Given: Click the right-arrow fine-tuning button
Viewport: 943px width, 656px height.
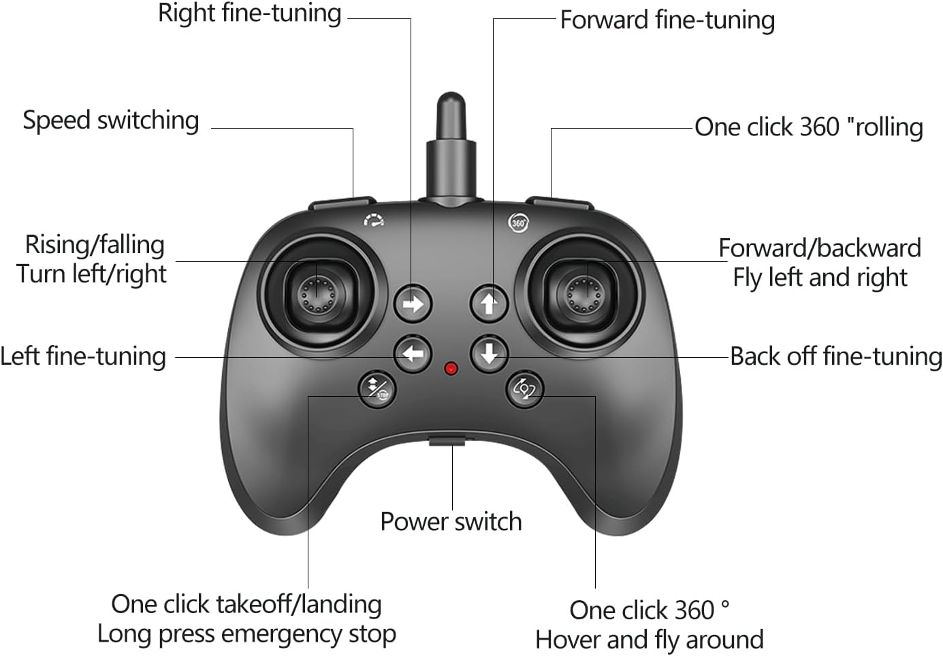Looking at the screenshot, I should (413, 304).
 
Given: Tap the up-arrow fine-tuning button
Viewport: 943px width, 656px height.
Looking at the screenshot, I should (489, 303).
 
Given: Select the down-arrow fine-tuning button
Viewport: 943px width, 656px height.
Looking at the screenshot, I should (489, 354).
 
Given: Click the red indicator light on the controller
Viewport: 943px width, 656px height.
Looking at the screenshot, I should (451, 369).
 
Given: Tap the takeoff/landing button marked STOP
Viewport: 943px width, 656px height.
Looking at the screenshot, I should (377, 389).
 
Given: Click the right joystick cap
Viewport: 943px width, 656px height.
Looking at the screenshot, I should (583, 293).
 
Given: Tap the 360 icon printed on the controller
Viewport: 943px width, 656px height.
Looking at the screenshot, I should (518, 223).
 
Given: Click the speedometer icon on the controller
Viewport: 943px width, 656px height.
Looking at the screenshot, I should (373, 220).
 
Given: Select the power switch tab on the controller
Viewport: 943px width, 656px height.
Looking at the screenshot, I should (447, 441).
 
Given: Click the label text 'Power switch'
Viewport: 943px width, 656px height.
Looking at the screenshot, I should (451, 522).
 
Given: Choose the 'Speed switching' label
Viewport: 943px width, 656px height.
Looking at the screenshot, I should (111, 120).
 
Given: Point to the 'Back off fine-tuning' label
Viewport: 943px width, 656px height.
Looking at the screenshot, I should (835, 357).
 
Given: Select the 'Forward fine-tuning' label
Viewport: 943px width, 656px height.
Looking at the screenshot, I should (667, 20).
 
